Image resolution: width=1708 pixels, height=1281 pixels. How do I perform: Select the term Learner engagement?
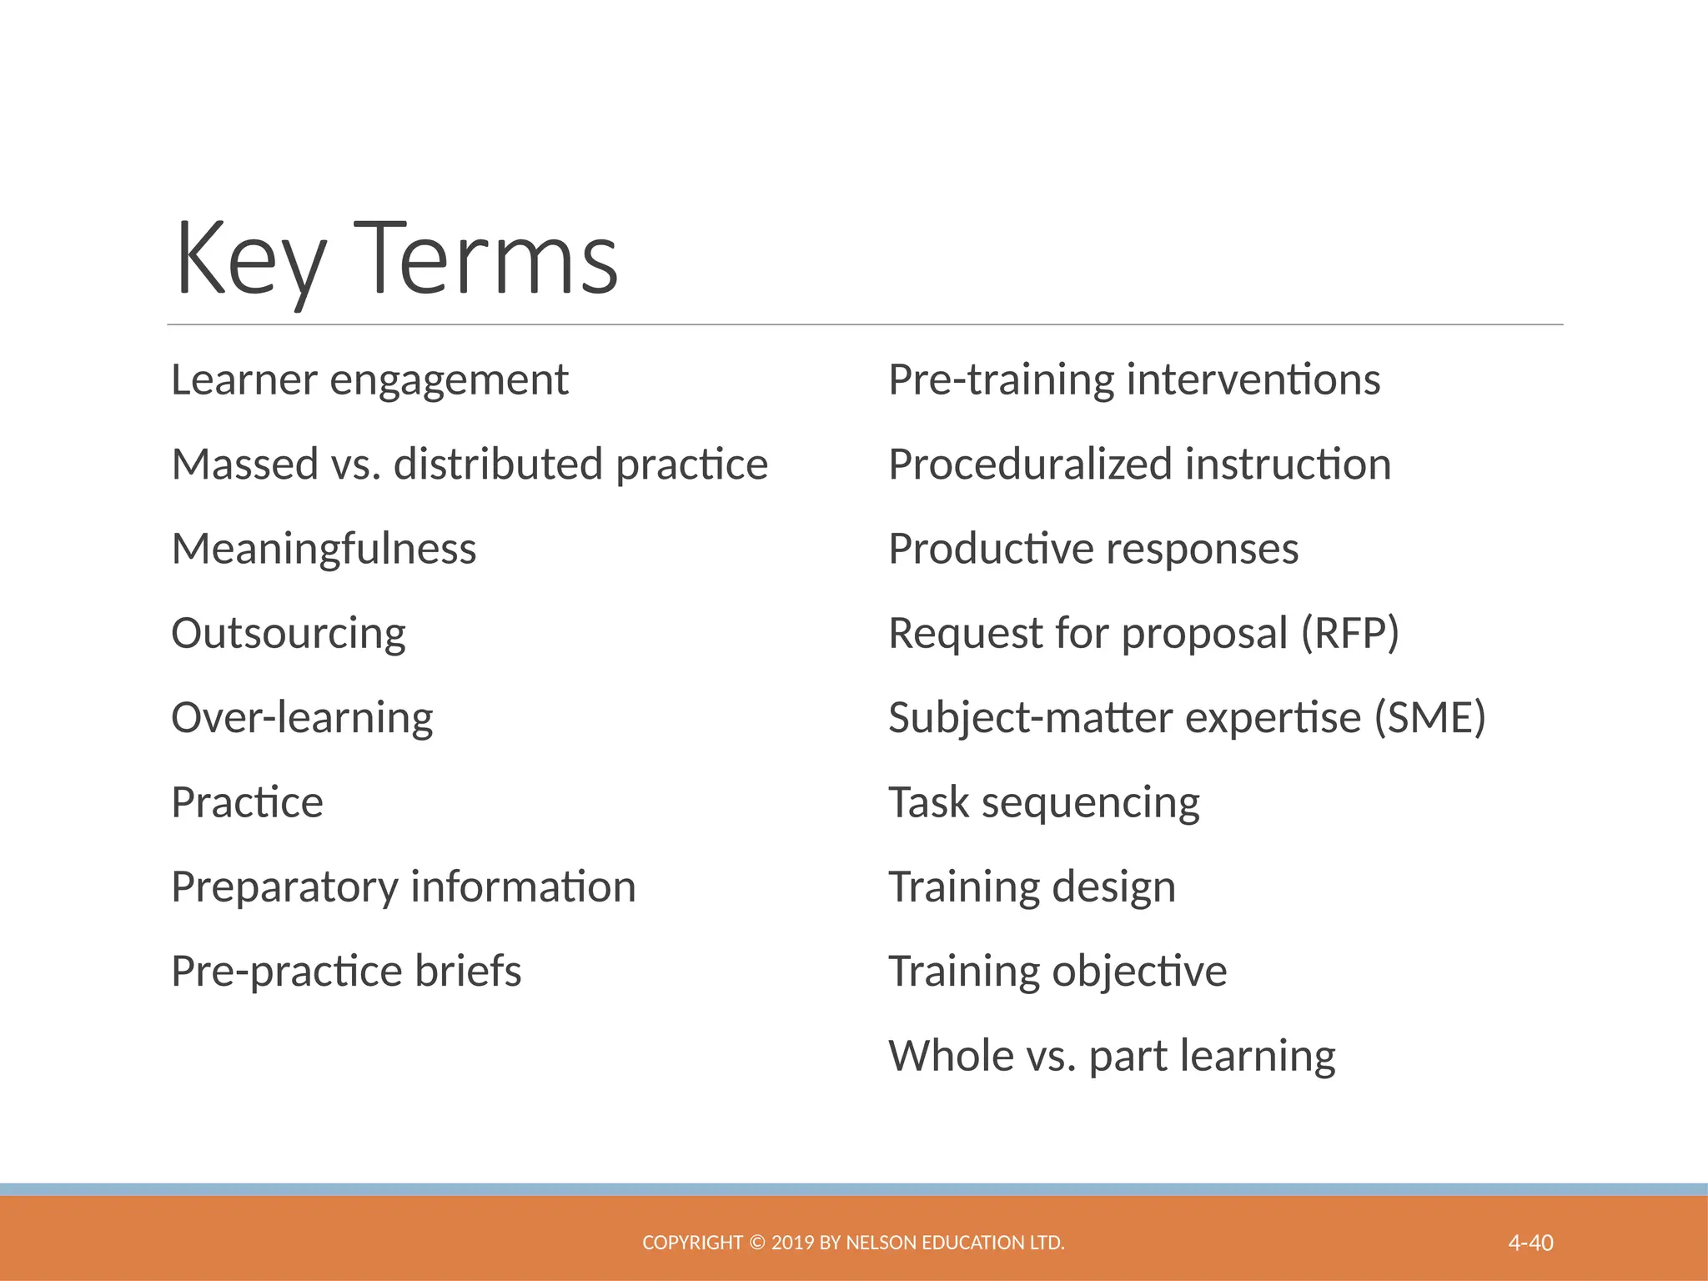369,380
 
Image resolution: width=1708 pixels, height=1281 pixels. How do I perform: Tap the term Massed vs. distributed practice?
469,465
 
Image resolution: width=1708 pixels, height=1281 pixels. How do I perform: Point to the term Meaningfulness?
324,549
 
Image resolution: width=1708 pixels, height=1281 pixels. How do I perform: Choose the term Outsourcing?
289,634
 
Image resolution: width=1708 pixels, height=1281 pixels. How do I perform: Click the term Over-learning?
302,718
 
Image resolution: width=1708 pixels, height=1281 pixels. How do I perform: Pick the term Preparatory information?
403,887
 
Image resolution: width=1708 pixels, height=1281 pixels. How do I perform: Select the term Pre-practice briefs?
346,971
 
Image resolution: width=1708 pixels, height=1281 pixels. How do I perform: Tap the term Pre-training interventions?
1134,380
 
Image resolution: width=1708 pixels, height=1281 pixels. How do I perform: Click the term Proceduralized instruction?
1139,465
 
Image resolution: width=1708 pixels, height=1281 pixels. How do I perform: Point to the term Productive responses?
1093,549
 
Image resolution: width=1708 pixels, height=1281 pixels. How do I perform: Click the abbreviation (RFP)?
1350,634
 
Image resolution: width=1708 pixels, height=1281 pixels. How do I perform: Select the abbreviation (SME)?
1429,718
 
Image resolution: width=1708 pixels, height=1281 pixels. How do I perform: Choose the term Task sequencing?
1044,802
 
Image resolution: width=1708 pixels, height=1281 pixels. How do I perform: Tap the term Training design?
1032,887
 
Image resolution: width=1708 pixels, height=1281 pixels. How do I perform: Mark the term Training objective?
1057,971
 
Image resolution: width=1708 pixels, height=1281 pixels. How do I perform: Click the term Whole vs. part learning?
1112,1056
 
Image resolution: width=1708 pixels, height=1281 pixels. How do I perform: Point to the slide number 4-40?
1530,1243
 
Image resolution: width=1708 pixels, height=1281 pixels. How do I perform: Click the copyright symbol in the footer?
756,1243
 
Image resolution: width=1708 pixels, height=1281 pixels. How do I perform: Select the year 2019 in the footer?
793,1243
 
